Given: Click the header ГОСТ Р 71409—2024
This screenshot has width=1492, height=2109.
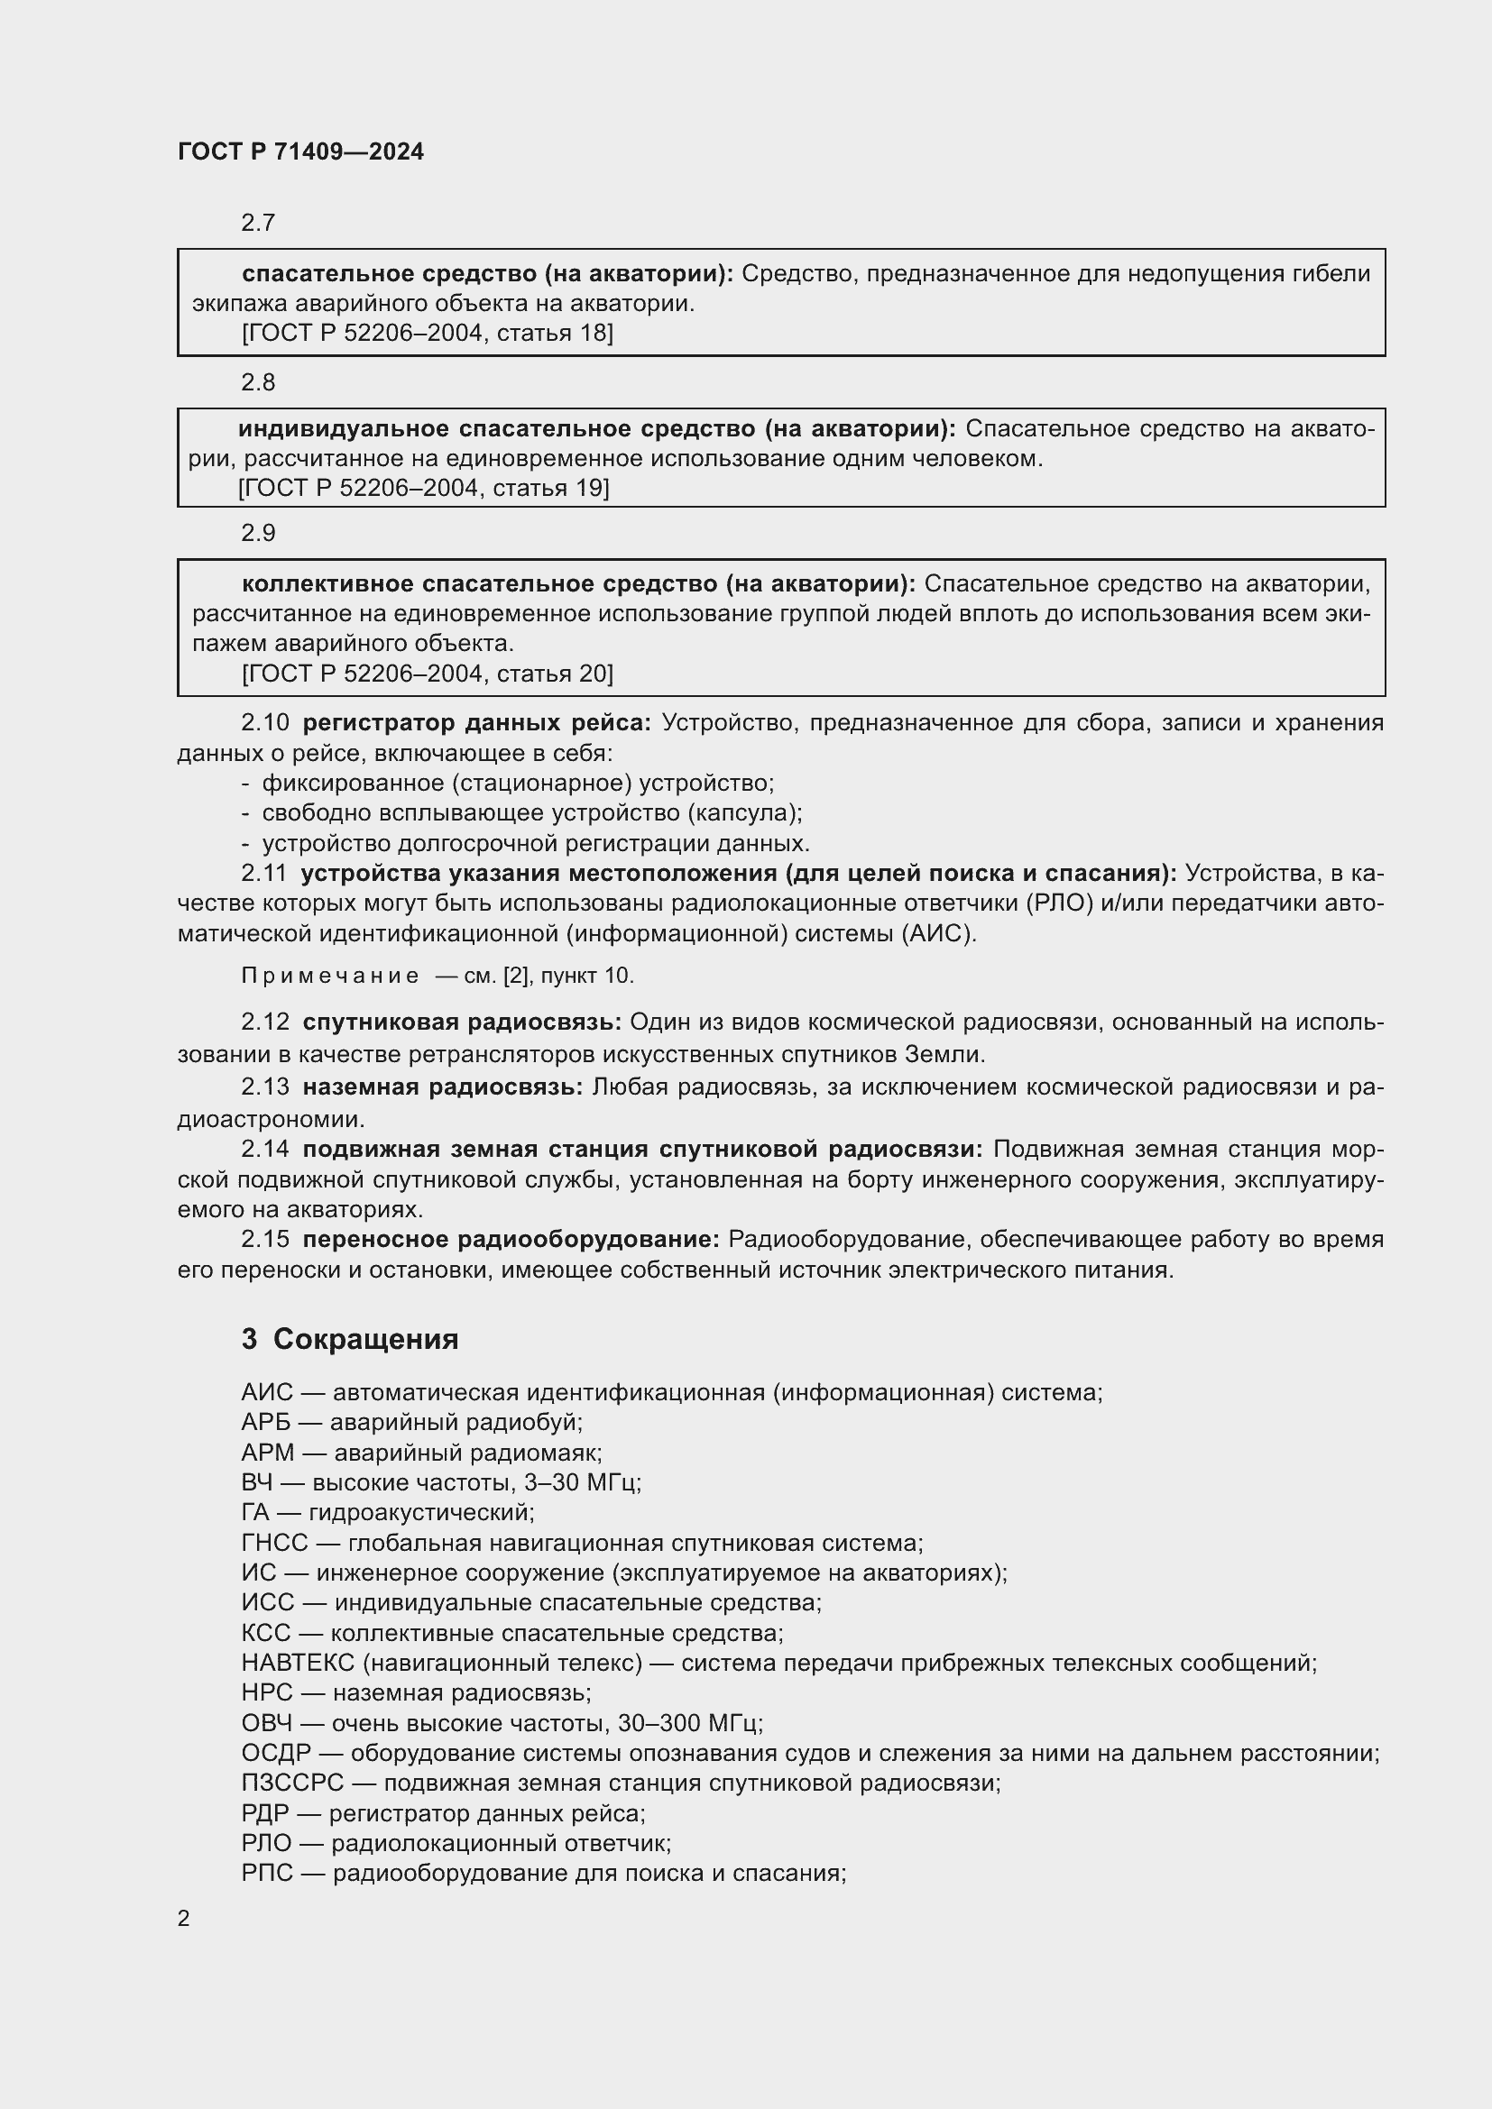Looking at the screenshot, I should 300,151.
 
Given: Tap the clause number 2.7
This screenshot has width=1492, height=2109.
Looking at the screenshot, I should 258,223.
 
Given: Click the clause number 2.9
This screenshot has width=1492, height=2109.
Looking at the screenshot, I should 258,533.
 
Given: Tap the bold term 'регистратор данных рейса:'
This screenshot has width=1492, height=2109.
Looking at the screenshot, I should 476,723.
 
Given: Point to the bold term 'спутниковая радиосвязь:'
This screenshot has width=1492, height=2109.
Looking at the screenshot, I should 462,1022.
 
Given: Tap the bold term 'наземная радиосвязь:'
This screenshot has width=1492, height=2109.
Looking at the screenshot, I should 443,1087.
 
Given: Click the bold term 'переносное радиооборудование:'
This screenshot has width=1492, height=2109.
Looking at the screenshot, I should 511,1240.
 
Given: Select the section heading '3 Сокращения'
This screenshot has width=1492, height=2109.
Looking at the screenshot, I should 350,1339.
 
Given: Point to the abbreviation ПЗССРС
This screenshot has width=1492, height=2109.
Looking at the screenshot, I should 291,1783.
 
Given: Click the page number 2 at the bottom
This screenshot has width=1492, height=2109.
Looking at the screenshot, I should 184,1919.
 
